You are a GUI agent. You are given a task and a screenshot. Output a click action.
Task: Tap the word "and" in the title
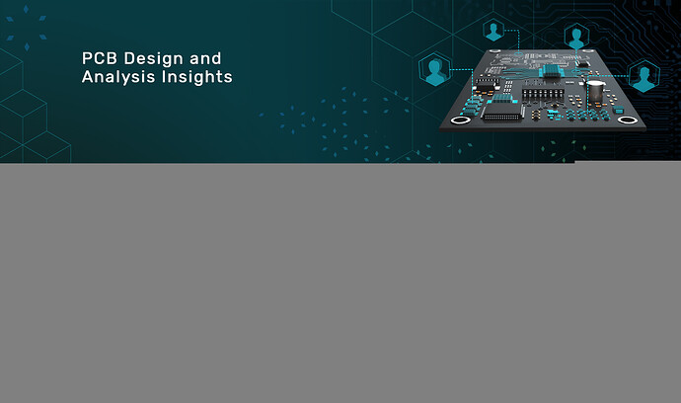coord(205,58)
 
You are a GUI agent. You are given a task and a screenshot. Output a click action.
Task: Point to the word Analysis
coord(118,77)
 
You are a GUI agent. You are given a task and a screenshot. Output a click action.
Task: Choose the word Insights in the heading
coord(197,77)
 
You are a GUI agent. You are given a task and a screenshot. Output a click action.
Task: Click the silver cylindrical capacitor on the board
coord(595,91)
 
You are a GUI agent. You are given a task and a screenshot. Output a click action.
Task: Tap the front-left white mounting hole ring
coord(460,120)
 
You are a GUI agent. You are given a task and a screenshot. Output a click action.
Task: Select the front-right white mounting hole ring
coord(628,120)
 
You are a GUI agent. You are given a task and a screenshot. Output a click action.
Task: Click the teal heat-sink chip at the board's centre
coord(552,71)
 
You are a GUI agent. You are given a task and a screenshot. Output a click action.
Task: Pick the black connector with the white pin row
coord(502,114)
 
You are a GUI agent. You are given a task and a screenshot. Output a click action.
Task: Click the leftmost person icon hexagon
coord(435,69)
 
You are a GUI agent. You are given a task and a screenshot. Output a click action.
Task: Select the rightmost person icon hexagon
coord(644,76)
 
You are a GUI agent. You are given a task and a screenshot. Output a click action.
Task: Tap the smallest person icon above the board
coord(493,31)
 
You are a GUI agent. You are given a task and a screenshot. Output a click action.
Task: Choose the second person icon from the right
coord(576,37)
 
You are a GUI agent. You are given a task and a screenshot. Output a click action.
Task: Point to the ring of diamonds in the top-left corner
coord(27,28)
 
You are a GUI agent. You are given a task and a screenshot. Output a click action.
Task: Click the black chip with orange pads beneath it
coord(486,85)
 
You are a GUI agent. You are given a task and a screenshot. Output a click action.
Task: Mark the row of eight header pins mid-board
coord(543,95)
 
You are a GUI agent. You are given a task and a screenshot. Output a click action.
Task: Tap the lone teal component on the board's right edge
coord(619,110)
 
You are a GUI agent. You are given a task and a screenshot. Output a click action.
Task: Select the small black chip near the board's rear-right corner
coord(583,64)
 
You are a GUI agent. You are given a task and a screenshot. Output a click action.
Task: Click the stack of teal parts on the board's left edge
coord(472,106)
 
